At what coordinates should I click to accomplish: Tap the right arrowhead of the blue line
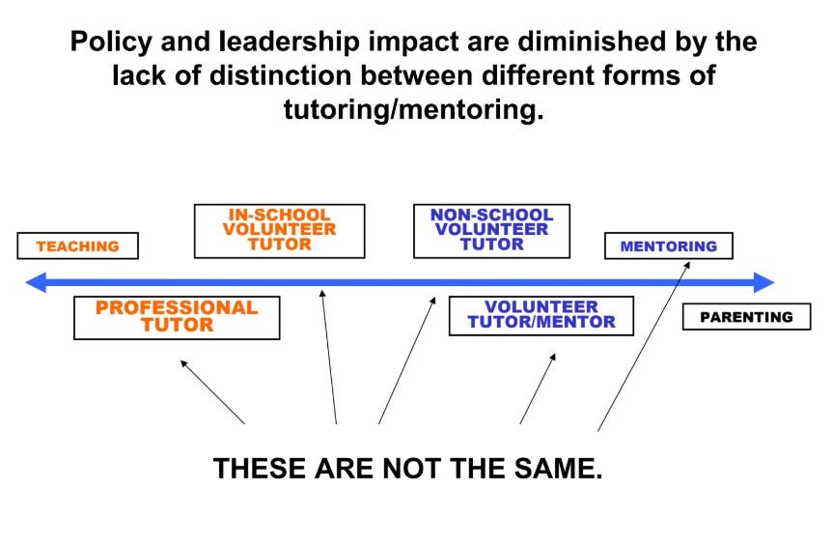pyautogui.click(x=764, y=282)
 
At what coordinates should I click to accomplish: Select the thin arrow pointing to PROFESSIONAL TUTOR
pyautogui.click(x=212, y=392)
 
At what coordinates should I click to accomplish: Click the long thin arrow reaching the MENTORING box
pyautogui.click(x=644, y=346)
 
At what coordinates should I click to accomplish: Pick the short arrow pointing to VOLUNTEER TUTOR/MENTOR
pyautogui.click(x=538, y=389)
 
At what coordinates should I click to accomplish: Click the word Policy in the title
pyautogui.click(x=111, y=42)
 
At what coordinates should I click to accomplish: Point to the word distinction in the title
pyautogui.click(x=280, y=74)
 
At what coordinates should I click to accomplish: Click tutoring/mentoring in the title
pyautogui.click(x=413, y=109)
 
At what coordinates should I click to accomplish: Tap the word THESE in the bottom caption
pyautogui.click(x=260, y=469)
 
